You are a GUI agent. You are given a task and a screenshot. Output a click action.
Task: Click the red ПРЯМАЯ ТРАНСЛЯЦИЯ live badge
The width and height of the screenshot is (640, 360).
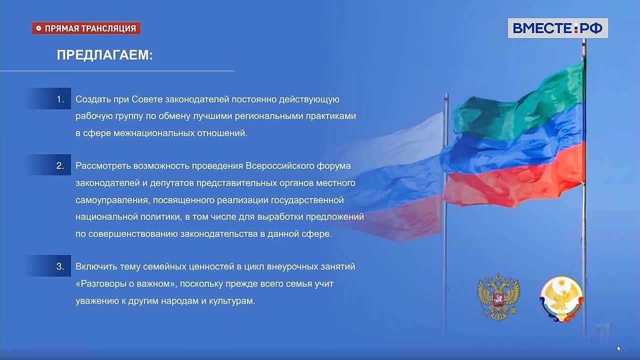point(86,28)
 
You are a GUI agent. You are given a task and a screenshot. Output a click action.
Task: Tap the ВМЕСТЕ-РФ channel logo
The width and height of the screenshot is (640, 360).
point(557,28)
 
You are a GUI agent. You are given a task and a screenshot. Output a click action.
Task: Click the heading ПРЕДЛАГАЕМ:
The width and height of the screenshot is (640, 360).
point(104,55)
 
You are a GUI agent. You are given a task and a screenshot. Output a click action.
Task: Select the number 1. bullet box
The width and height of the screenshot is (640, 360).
point(49,98)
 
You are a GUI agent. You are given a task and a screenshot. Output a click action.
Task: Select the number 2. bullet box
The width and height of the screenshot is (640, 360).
point(49,165)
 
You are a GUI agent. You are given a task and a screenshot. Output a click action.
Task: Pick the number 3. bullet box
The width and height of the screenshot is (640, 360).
point(49,265)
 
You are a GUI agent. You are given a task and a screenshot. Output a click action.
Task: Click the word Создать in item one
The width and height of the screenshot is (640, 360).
point(93,99)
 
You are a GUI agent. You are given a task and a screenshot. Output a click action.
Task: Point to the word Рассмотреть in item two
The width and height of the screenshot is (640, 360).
point(103,166)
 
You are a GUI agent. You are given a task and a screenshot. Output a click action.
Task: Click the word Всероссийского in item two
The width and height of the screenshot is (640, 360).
point(280,166)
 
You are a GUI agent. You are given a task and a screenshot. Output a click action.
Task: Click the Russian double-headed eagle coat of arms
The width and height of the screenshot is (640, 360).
point(498,296)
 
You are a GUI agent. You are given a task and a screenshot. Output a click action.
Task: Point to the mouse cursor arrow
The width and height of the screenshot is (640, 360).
point(619,348)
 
